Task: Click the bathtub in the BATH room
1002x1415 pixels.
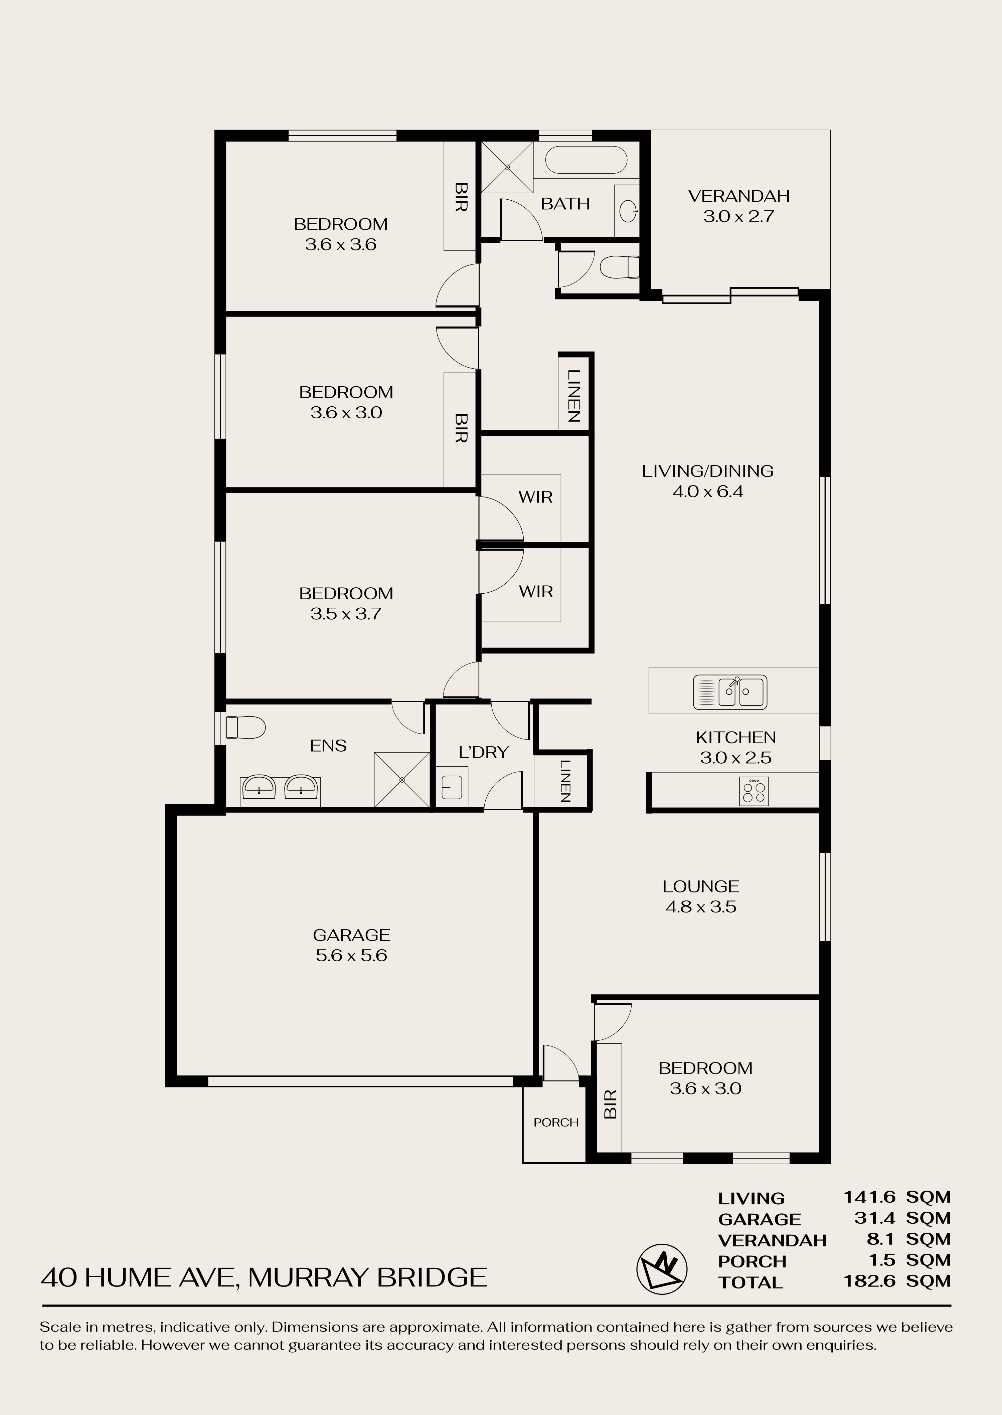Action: coord(587,160)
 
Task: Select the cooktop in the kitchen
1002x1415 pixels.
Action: coord(754,791)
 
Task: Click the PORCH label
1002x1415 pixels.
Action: coord(556,1122)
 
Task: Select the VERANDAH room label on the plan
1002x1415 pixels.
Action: coord(738,196)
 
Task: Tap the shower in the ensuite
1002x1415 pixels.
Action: coord(402,779)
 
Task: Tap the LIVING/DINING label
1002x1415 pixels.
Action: coord(708,471)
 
